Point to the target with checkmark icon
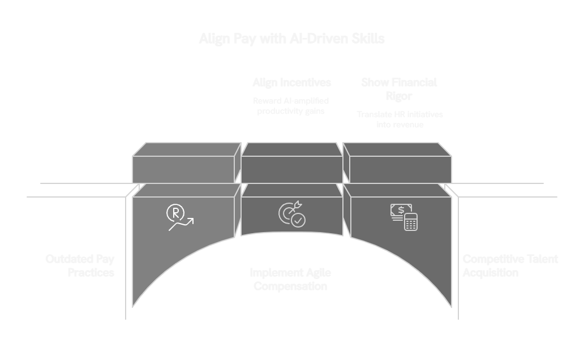[x=291, y=214]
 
